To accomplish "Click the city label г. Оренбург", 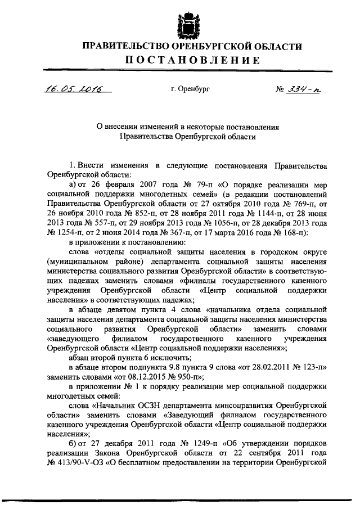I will pos(190,89).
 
